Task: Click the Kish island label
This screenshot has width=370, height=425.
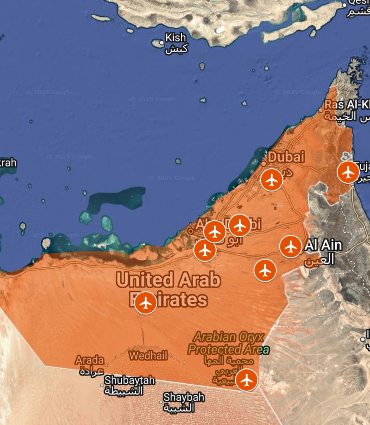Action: tap(175, 37)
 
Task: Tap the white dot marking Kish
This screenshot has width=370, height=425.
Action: tap(162, 42)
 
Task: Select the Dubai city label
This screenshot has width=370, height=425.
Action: tap(286, 157)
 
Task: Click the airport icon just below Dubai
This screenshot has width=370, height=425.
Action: tap(271, 180)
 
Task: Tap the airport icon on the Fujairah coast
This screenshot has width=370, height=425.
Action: tap(348, 172)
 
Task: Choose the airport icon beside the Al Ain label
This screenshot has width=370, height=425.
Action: tap(291, 246)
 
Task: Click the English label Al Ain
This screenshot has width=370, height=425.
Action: tap(324, 245)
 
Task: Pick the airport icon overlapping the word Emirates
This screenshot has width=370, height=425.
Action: tap(146, 303)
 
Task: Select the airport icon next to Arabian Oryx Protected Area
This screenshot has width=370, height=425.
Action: tap(247, 380)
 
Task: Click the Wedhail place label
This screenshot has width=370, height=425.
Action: tap(148, 355)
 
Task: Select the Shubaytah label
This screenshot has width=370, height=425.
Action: tap(129, 381)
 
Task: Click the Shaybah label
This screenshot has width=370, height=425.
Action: tap(184, 397)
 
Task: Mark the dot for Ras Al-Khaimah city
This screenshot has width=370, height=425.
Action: tap(321, 110)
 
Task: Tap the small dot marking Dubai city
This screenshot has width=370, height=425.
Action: tap(264, 164)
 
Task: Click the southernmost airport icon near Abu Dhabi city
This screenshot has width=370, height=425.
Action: tap(205, 250)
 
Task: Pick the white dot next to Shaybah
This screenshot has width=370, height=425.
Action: tap(161, 402)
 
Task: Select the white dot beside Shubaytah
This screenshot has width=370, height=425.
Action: tap(102, 385)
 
